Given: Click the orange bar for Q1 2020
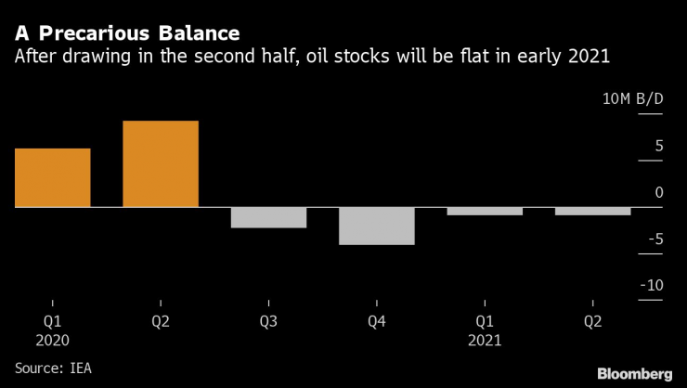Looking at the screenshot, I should (53, 177).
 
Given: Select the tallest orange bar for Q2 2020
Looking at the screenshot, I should (161, 163).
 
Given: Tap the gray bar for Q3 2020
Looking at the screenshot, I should (268, 217).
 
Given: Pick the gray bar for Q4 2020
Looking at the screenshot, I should (376, 226).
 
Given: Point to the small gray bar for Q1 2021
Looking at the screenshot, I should (485, 211).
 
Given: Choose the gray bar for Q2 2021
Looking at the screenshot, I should (592, 211).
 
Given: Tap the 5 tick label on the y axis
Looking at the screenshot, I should (657, 146).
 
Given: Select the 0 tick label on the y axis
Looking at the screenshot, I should (657, 192).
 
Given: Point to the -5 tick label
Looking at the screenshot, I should (654, 239).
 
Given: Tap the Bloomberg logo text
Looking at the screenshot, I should (634, 372).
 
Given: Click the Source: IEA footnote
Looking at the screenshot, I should (52, 368).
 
